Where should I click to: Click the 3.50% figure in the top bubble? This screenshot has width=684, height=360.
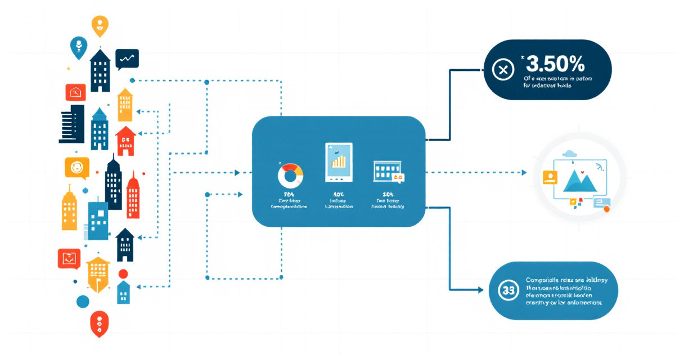[x=554, y=61]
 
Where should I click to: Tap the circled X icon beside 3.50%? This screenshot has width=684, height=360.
[x=503, y=70]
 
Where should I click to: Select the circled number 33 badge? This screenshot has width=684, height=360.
[x=507, y=290]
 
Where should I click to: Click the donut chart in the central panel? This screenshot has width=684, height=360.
[x=290, y=175]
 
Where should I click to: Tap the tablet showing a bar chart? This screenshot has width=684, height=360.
[x=338, y=162]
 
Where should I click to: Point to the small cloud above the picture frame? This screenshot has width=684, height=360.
[x=570, y=153]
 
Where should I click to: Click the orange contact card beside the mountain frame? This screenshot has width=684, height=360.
[x=549, y=178]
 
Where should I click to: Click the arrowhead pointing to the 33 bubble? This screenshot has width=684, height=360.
[x=480, y=290]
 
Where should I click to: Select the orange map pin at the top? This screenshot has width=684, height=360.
[x=100, y=25]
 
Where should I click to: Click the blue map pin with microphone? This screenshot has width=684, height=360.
[x=78, y=47]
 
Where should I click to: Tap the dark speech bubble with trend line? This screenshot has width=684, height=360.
[x=127, y=58]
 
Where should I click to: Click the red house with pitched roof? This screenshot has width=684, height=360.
[x=125, y=141]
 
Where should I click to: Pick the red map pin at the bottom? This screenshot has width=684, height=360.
[x=99, y=323]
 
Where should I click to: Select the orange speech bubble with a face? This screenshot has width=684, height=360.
[x=77, y=167]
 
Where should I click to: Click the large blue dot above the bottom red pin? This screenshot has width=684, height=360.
[x=83, y=301]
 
